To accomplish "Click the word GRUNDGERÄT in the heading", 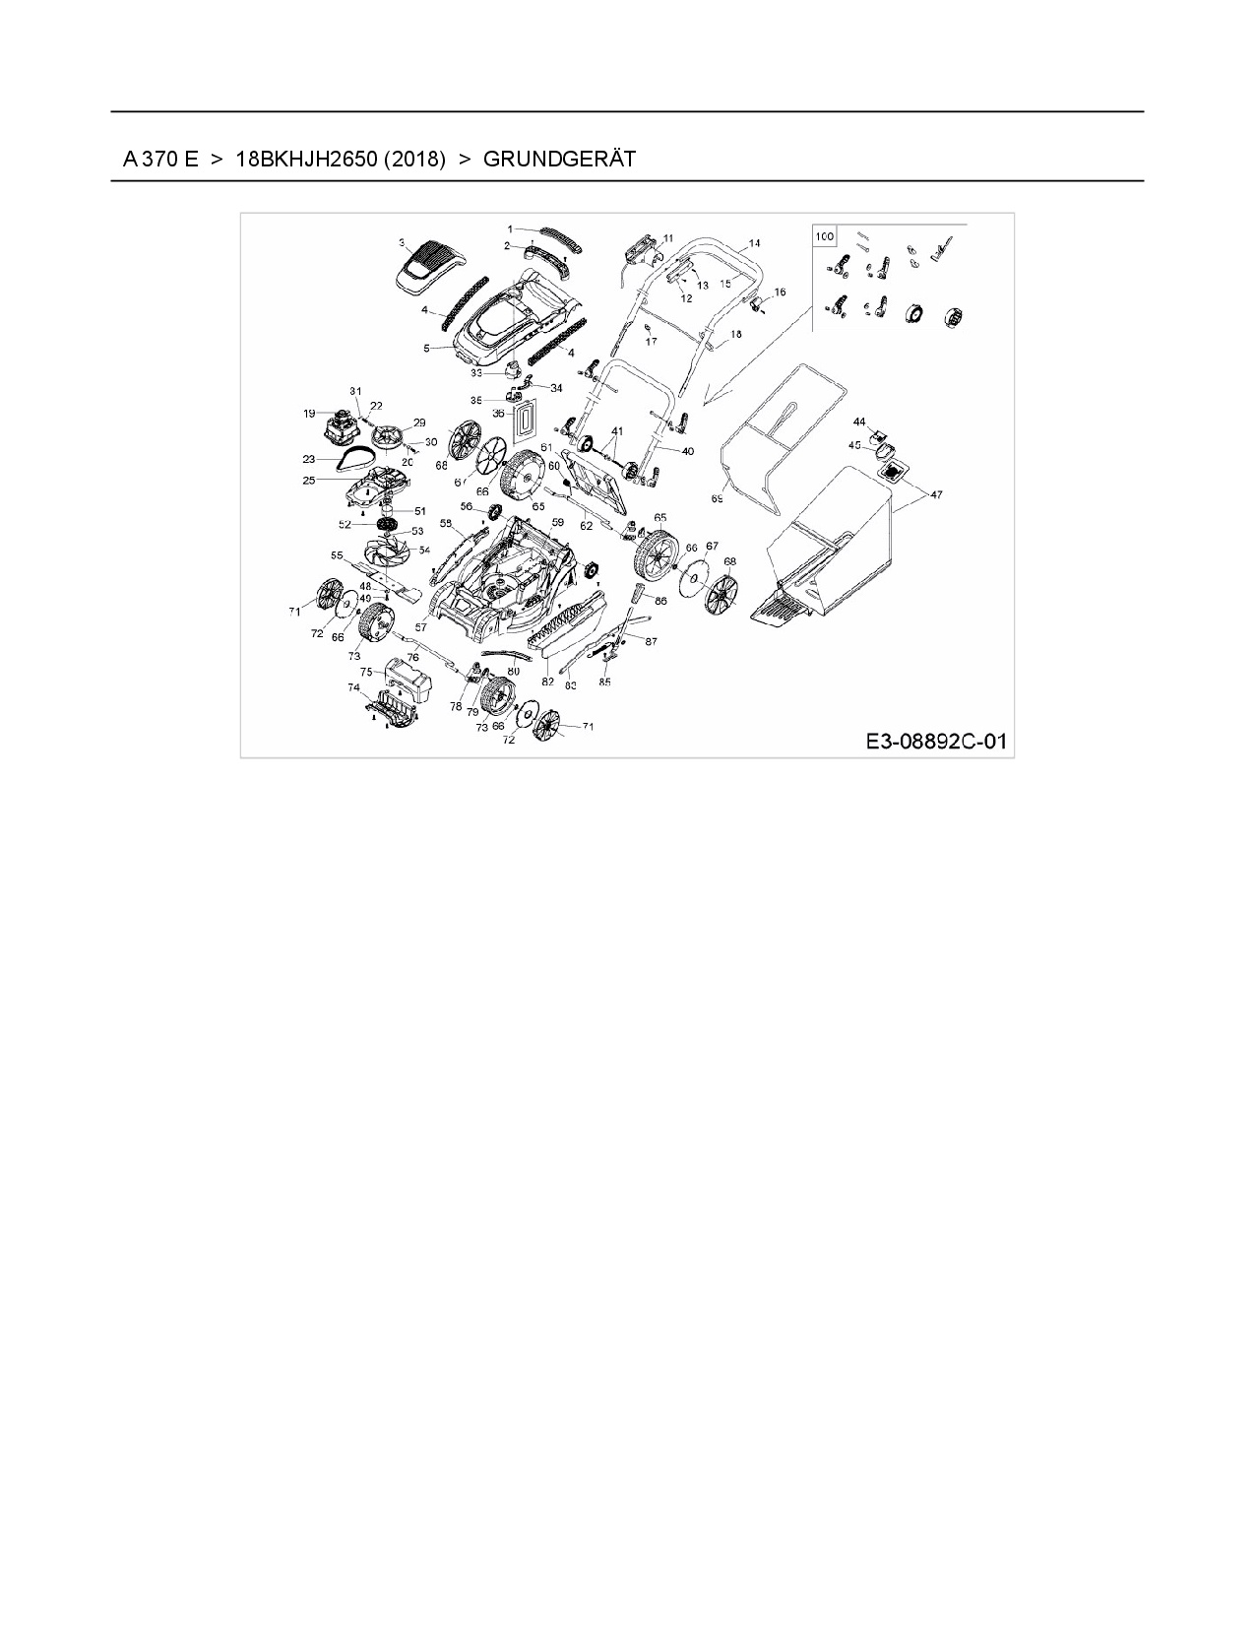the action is click(559, 159).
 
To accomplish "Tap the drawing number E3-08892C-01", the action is click(937, 741).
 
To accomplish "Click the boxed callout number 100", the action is click(824, 236).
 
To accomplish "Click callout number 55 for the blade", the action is click(337, 555).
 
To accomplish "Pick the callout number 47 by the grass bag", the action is click(935, 495).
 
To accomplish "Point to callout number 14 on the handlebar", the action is click(754, 242).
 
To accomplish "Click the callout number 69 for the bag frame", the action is click(717, 499).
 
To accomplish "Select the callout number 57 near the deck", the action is click(420, 626).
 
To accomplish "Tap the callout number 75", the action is click(365, 672).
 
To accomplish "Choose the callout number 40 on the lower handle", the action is click(687, 451).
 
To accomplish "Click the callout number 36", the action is click(498, 414).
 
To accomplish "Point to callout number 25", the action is click(309, 481).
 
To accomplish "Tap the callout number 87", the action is click(651, 641).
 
